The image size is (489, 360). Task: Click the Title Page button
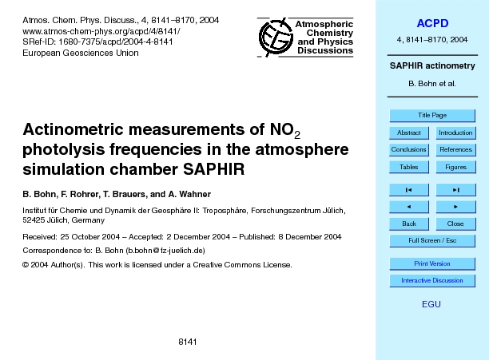[x=432, y=115]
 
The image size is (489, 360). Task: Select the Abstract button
[x=408, y=133]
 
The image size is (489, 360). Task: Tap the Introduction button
[x=455, y=133]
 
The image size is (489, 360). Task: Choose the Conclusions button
[x=408, y=150]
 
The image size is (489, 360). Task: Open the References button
[x=455, y=150]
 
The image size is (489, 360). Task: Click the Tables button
[x=408, y=167]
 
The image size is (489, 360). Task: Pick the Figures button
[x=455, y=167]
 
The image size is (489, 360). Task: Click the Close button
[x=455, y=224]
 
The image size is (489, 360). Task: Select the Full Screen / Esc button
[x=432, y=240]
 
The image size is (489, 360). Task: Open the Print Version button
[x=432, y=263]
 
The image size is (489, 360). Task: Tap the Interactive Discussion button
[x=432, y=280]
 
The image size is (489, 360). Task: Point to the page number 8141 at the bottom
[x=188, y=342]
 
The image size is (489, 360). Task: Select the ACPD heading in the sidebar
[x=431, y=22]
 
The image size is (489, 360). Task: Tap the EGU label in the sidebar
[x=431, y=305]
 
